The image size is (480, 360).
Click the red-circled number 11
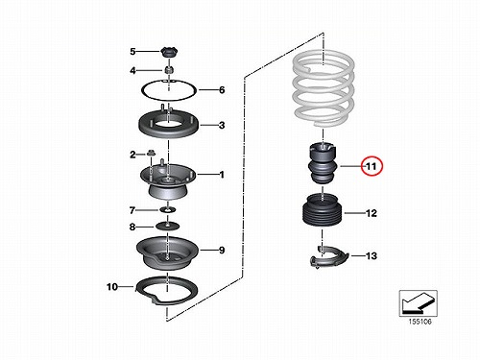[x=372, y=166]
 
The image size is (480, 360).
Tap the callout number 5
[x=132, y=51]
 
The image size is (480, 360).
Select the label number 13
[x=372, y=256]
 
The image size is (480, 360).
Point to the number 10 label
[x=112, y=287]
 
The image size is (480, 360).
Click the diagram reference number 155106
[x=420, y=322]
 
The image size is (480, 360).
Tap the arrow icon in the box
[x=418, y=303]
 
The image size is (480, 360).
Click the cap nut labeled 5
[x=169, y=52]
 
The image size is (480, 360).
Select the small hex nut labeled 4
[x=169, y=69]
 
